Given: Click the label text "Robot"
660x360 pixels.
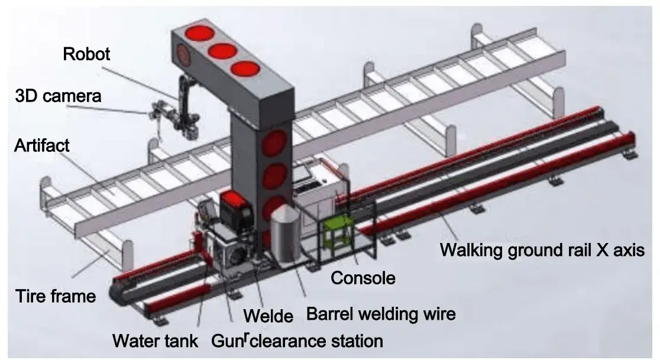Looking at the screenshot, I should coord(87,54).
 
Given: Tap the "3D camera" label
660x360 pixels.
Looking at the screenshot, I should coord(58,95).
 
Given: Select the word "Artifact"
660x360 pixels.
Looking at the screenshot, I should coord(41,144).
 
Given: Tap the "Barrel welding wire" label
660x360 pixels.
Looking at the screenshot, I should coord(381,313).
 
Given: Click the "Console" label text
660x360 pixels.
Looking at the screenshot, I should coord(363,277).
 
